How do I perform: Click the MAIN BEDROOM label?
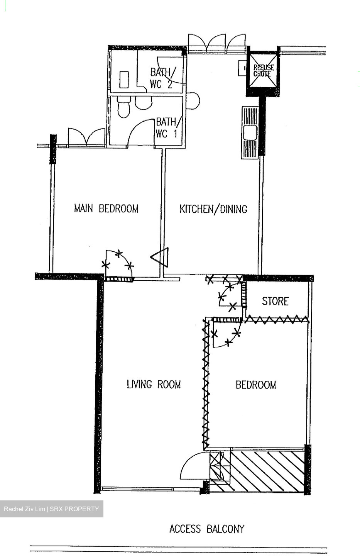coord(106,208)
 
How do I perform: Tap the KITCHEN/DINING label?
coord(213,209)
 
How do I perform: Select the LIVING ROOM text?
coord(154,384)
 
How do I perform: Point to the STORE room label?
coord(275,301)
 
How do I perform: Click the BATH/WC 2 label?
coord(162,78)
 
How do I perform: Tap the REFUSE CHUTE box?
coord(263,71)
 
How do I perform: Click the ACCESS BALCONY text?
coord(207,529)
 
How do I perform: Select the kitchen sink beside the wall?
coord(250,132)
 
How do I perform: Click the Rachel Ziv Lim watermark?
coord(51,509)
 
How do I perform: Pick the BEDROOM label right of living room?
coord(256,385)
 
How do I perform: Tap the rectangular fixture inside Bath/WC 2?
coord(124,79)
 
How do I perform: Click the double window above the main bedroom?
coord(86,137)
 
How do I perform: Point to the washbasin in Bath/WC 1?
coord(143,103)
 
